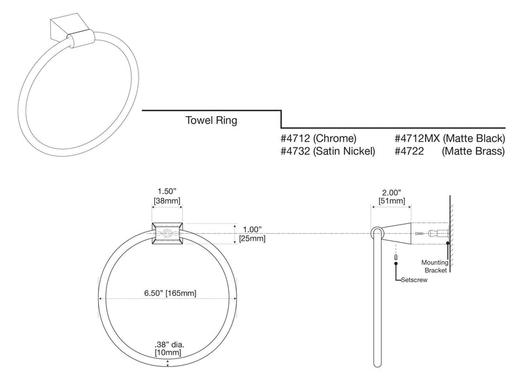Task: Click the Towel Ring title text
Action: (x=211, y=120)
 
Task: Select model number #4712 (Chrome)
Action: (x=318, y=138)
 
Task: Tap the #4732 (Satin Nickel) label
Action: (x=328, y=151)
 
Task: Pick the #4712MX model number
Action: (x=417, y=138)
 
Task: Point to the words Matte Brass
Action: (x=473, y=151)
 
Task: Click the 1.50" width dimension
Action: (x=167, y=191)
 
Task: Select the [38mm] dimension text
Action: (x=167, y=200)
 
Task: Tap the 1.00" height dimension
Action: (x=252, y=229)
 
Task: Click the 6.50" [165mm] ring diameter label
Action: (x=170, y=293)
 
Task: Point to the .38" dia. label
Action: (x=169, y=345)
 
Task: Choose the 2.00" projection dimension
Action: (x=391, y=193)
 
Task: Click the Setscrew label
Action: (x=414, y=280)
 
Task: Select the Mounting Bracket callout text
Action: (x=435, y=266)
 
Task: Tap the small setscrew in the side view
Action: (x=396, y=257)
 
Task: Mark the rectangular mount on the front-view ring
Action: (x=167, y=234)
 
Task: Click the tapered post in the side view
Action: (x=397, y=234)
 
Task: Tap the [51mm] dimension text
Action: (x=392, y=201)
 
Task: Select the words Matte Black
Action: (x=474, y=138)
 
